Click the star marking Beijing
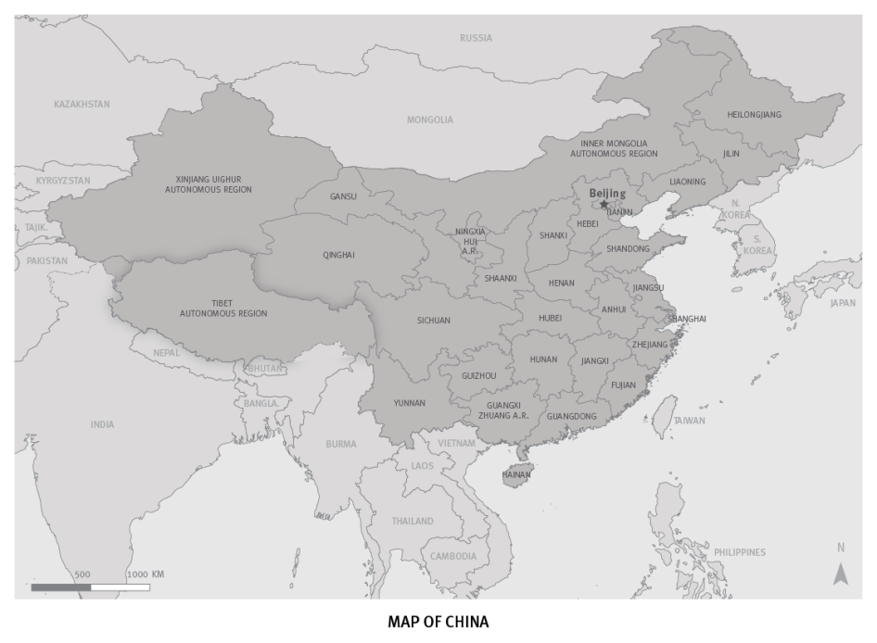coord(604,205)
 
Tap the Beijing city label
coord(607,194)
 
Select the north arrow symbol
coord(841,574)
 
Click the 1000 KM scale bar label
coord(146,574)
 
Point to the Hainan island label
coord(516,474)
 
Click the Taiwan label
coord(689,421)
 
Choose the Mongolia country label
coord(430,120)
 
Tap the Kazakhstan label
coord(82,104)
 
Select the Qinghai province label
coord(338,255)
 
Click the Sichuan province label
coord(433,321)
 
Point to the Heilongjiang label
coord(754,115)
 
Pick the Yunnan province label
coord(409,403)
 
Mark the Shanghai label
coord(687,319)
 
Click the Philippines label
coord(740,552)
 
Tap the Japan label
coord(843,303)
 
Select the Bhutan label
coord(264,368)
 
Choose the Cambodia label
coord(453,556)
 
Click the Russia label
coord(476,38)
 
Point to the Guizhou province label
coord(478,375)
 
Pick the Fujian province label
coord(623,385)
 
